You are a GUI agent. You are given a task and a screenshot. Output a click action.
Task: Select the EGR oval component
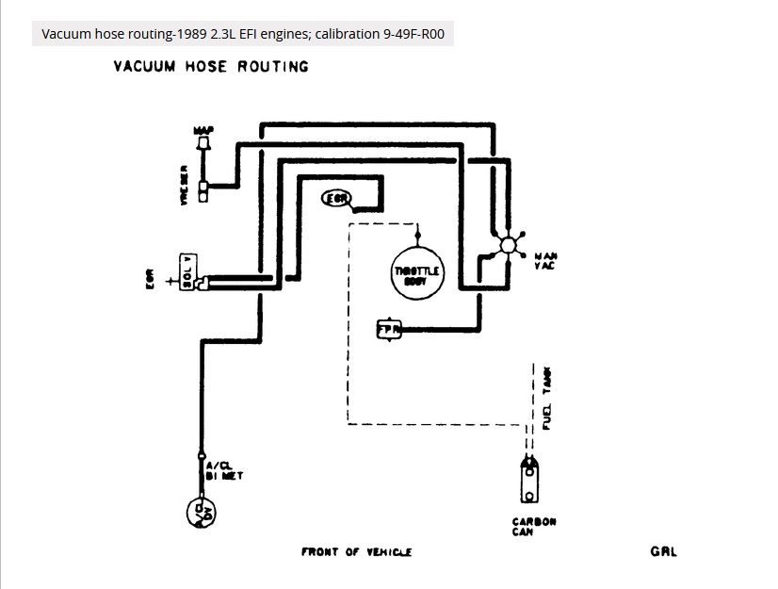click(336, 198)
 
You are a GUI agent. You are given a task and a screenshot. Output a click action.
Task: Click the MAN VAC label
click(545, 260)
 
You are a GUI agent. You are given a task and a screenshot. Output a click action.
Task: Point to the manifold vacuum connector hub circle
click(509, 245)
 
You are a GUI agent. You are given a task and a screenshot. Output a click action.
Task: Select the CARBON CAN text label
click(533, 526)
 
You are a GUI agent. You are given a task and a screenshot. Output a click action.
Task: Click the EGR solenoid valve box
click(188, 273)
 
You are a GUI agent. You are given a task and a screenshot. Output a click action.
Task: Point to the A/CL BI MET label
click(223, 470)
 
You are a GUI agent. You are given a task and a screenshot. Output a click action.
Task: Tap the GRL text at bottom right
click(663, 551)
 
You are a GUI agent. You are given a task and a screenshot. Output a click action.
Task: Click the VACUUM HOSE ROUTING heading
click(211, 66)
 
